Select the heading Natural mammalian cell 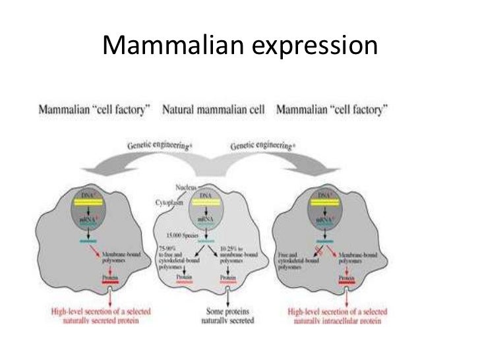tap(213, 109)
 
